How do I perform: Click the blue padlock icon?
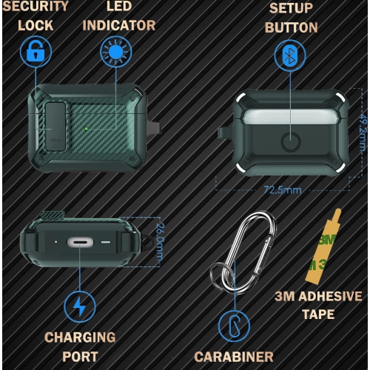click(x=34, y=53)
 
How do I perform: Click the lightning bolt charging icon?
click(x=79, y=306)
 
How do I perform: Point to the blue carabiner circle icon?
click(x=234, y=326)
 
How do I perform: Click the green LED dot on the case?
click(x=87, y=127)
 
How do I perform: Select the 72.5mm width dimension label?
click(x=283, y=189)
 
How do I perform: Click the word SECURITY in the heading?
click(x=36, y=7)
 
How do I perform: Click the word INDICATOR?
click(x=119, y=26)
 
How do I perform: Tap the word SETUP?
click(x=290, y=9)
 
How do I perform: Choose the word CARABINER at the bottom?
click(x=234, y=357)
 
